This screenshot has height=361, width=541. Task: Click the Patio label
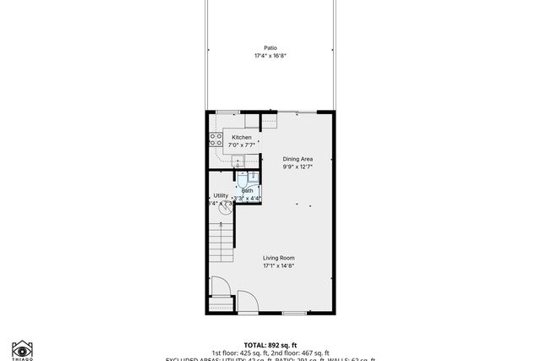[x=270, y=48]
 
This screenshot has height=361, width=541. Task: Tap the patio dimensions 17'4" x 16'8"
[x=270, y=56]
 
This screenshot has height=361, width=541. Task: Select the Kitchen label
[x=242, y=138]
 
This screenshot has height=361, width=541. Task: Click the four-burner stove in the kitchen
[x=216, y=140]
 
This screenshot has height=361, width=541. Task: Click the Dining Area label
[x=298, y=158]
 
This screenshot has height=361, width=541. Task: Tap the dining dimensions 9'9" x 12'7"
[x=298, y=167]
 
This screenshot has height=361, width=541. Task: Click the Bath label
[x=248, y=190]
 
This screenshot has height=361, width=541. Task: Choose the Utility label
[x=221, y=195]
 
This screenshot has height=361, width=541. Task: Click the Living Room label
[x=278, y=258]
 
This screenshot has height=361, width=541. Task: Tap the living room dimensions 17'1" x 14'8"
[x=278, y=266]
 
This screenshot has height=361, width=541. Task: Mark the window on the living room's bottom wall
[x=294, y=314]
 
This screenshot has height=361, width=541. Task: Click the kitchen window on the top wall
[x=227, y=112]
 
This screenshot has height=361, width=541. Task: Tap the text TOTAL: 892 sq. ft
[x=270, y=345]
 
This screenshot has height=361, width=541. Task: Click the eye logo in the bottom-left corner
[x=22, y=349]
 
